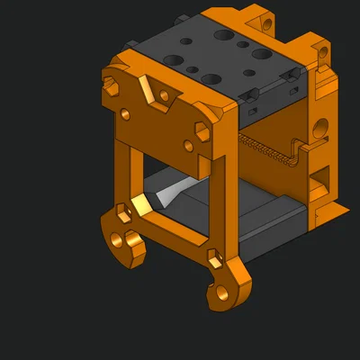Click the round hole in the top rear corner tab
[x=265, y=18]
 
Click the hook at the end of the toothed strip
[x=303, y=145]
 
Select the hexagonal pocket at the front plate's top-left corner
[x=112, y=86]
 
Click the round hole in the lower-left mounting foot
[x=130, y=242]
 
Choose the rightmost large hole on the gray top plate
[x=261, y=54]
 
